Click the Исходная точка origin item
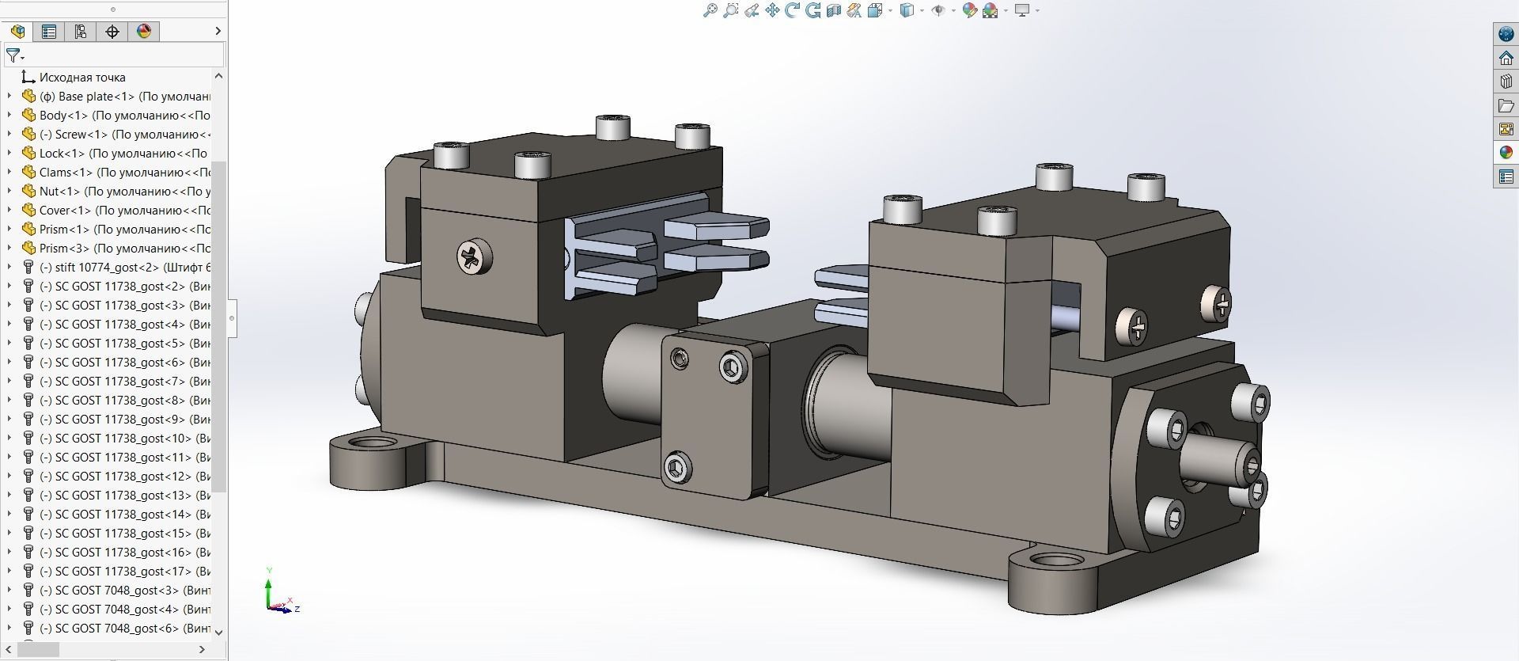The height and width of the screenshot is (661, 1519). click(x=82, y=78)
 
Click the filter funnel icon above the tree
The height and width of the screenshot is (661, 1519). click(x=13, y=55)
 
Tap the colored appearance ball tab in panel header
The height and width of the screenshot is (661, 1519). click(x=143, y=32)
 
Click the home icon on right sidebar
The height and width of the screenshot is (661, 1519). click(x=1506, y=58)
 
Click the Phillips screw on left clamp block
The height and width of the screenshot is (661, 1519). click(x=473, y=256)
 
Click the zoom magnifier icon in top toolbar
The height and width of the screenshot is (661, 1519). click(x=710, y=10)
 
